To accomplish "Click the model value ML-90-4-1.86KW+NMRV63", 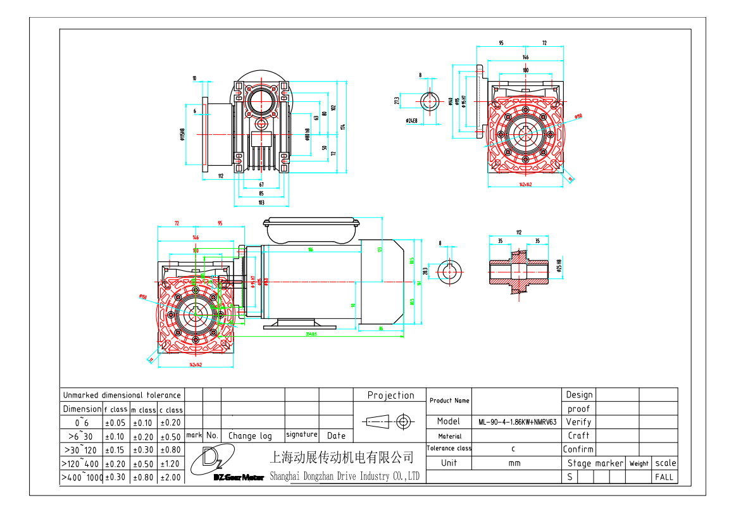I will tap(517, 421).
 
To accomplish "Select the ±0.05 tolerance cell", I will tap(117, 423).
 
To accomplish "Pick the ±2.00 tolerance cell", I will tap(170, 478).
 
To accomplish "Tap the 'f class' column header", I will tap(116, 409).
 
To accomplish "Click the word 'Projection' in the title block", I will tap(390, 396).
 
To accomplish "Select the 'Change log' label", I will tap(250, 435).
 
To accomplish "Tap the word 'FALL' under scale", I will tap(664, 477).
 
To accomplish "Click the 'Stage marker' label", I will tap(595, 463).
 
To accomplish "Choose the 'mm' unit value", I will tap(514, 463).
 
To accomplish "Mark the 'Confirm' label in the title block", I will tap(578, 449).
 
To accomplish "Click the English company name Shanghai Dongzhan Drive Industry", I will tap(345, 477).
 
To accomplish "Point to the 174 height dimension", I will tap(342, 127).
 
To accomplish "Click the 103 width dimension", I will tap(261, 203).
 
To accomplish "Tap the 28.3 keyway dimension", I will tap(425, 271).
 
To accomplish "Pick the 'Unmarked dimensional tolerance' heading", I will tap(122, 396).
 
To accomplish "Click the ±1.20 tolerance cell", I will tap(170, 464).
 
